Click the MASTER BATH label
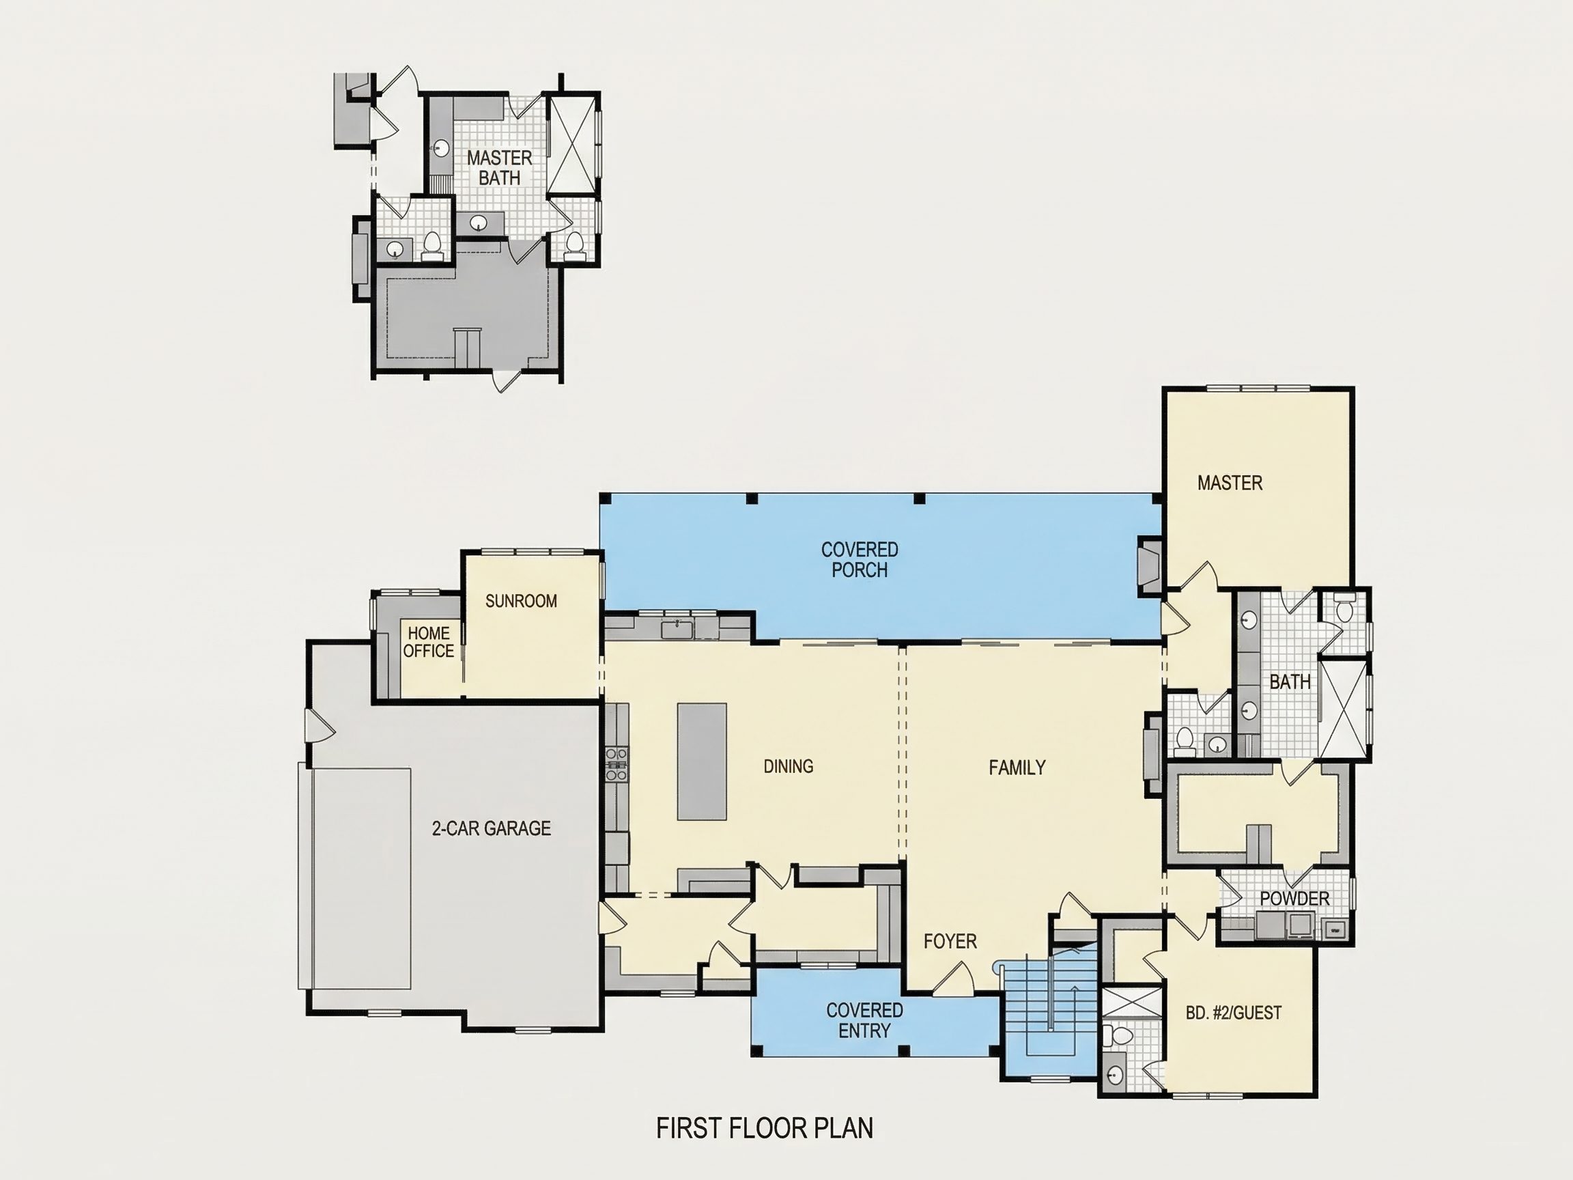(x=499, y=168)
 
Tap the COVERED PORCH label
(x=860, y=559)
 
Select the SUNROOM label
(x=521, y=601)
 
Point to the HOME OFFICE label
(x=428, y=642)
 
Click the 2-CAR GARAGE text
(x=492, y=828)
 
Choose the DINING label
(x=788, y=766)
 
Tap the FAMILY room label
(x=1017, y=768)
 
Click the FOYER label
(x=950, y=941)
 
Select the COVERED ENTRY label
(x=865, y=1020)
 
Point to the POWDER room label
(x=1294, y=899)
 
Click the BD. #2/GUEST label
(x=1234, y=1012)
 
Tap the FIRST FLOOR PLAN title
(x=765, y=1128)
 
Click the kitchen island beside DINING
(x=702, y=762)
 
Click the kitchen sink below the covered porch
(x=677, y=629)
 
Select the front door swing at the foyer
(x=953, y=977)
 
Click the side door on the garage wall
(x=320, y=725)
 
